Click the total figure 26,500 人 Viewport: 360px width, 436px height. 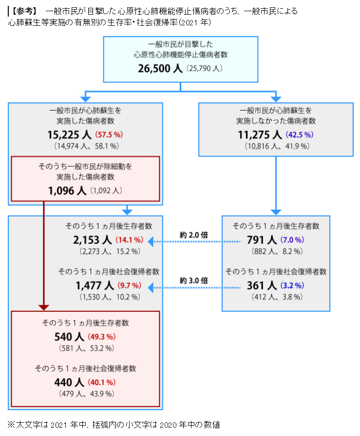click(x=161, y=69)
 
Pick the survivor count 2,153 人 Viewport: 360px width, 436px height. click(x=93, y=239)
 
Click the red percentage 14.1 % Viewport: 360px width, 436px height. click(x=129, y=240)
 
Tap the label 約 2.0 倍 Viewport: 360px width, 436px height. click(x=193, y=235)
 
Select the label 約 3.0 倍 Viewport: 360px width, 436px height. click(x=193, y=280)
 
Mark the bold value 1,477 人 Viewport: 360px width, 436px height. click(x=95, y=285)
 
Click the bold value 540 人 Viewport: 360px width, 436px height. click(x=70, y=337)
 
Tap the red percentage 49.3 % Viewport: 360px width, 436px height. click(x=102, y=337)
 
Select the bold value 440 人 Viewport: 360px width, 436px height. click(x=70, y=382)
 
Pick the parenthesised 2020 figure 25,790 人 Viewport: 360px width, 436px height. click(x=204, y=69)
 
